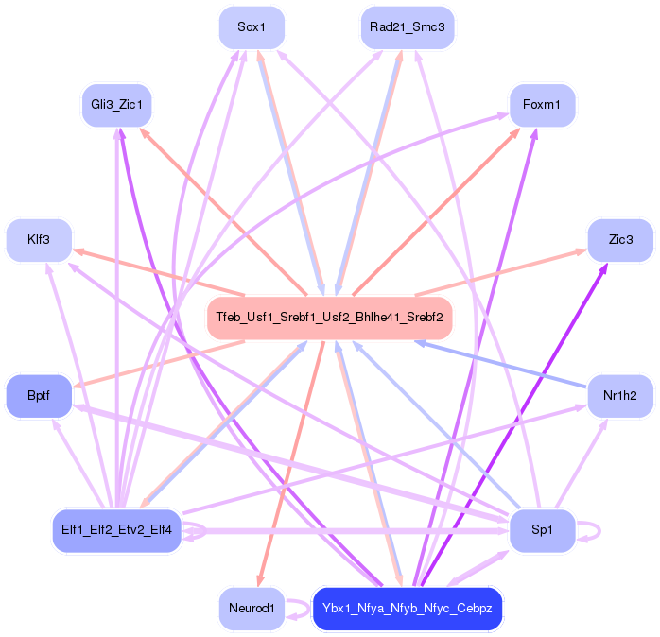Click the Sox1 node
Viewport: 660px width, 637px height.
point(251,28)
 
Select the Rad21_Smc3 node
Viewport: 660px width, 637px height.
point(407,28)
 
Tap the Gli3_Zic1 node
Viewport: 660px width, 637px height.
point(116,105)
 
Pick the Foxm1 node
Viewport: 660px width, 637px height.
point(542,105)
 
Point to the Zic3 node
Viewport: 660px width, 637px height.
point(619,240)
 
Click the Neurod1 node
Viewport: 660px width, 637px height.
point(251,608)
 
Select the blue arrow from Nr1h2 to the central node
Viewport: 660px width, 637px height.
point(501,364)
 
